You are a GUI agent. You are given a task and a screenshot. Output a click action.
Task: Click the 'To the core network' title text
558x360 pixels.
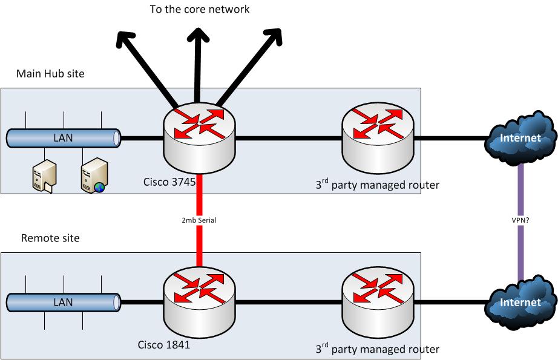200,9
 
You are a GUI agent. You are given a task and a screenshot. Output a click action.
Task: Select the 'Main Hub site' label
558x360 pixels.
50,74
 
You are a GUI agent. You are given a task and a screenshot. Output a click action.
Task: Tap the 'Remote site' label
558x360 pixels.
50,238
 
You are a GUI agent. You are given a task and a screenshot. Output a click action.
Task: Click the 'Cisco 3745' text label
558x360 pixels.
169,181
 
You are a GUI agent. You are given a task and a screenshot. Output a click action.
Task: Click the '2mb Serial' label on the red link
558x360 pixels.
199,221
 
